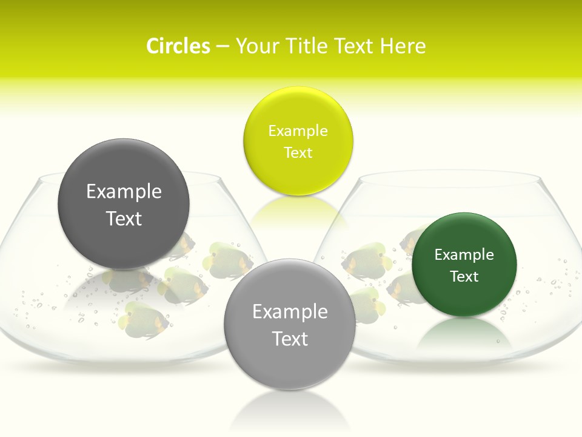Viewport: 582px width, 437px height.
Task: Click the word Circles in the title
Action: click(x=178, y=46)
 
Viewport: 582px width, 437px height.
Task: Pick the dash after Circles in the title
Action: click(x=222, y=47)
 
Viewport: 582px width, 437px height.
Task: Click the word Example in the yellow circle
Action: click(x=298, y=130)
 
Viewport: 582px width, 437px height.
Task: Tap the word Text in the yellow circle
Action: click(x=298, y=152)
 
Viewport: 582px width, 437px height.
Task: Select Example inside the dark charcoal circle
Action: click(x=124, y=191)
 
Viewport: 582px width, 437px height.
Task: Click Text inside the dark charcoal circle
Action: click(x=124, y=218)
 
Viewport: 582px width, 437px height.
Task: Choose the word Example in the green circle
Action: click(x=464, y=254)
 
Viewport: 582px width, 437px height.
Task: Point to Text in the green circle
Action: click(x=464, y=276)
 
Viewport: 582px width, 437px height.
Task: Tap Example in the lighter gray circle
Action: click(x=290, y=311)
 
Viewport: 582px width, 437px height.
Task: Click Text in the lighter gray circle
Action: click(x=290, y=339)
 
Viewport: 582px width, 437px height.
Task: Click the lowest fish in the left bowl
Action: click(x=144, y=320)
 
